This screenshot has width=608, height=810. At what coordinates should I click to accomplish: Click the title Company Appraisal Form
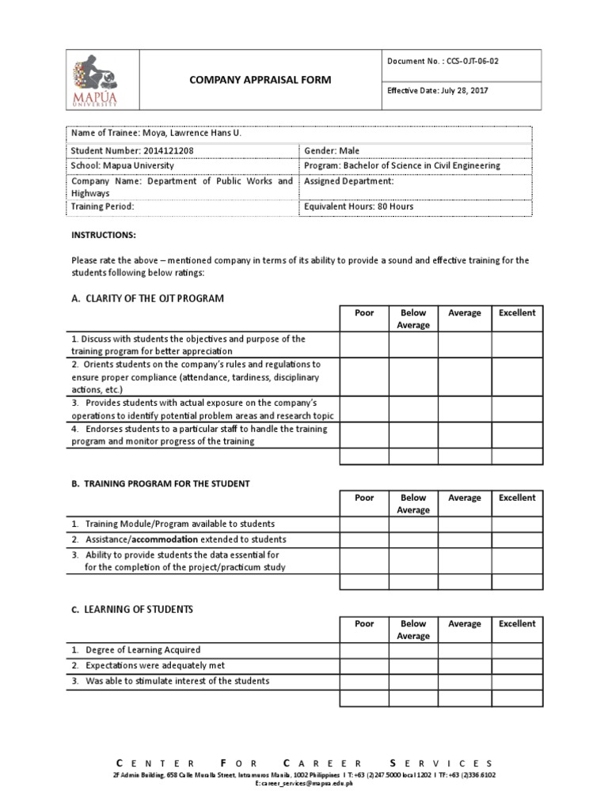(259, 80)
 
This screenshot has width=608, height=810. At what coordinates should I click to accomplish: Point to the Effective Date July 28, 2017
(438, 91)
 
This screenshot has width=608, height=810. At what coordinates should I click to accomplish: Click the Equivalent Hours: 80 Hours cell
(359, 206)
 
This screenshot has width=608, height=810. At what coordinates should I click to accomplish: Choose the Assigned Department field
(349, 181)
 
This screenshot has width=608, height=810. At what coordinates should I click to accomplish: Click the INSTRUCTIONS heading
(104, 236)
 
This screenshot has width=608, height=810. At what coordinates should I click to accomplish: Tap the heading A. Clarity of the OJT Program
(148, 298)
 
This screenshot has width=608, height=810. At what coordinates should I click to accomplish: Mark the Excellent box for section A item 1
(517, 345)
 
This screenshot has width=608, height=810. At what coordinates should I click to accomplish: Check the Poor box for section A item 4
(364, 435)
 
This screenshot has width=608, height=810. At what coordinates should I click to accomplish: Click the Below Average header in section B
(413, 504)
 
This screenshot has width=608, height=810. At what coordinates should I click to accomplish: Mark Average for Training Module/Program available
(465, 524)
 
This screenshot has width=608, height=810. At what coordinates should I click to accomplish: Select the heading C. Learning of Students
(132, 609)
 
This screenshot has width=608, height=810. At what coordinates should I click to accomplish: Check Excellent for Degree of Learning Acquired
(517, 650)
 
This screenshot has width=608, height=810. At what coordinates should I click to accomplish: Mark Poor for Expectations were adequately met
(364, 666)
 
